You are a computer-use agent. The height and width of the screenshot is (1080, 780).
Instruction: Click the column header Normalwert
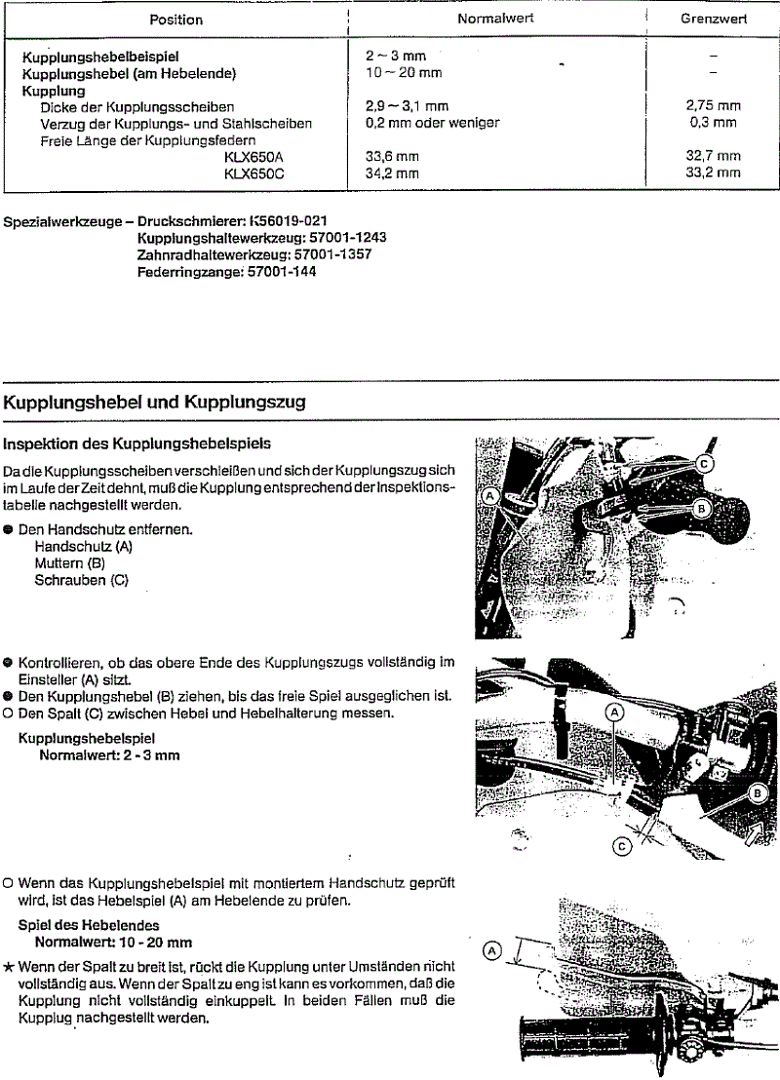pyautogui.click(x=495, y=19)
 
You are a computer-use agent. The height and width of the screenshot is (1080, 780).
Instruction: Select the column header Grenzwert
pyautogui.click(x=714, y=19)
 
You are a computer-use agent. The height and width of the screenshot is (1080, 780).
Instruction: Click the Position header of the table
pyautogui.click(x=175, y=19)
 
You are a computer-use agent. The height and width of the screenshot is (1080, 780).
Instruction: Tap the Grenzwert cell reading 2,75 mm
pyautogui.click(x=714, y=106)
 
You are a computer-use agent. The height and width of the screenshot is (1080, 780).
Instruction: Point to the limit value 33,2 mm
pyautogui.click(x=714, y=173)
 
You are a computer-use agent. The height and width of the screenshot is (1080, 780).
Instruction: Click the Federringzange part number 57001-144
pyautogui.click(x=274, y=272)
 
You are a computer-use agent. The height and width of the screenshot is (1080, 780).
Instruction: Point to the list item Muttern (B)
pyautogui.click(x=69, y=563)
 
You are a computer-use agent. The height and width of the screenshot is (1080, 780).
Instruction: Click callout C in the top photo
pyautogui.click(x=705, y=464)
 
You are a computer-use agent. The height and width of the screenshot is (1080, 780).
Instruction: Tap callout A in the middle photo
pyautogui.click(x=614, y=712)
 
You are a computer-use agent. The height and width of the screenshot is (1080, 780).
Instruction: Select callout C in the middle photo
pyautogui.click(x=621, y=846)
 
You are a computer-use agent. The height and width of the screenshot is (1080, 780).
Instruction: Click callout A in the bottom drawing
pyautogui.click(x=491, y=948)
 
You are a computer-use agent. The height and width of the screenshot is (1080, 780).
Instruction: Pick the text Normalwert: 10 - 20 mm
pyautogui.click(x=113, y=943)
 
